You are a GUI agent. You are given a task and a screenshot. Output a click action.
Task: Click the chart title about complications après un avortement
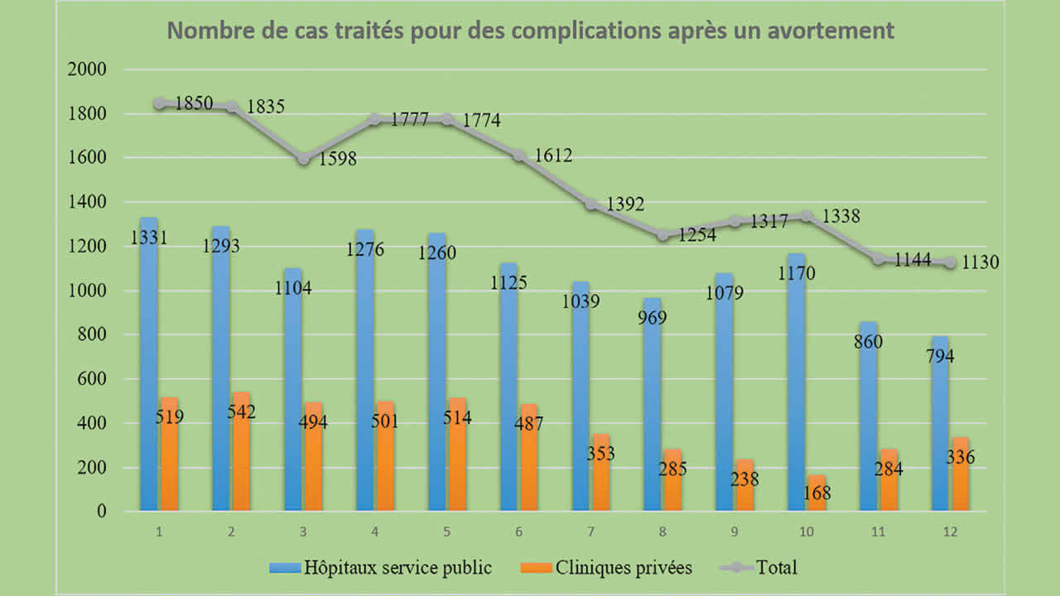pyautogui.click(x=531, y=31)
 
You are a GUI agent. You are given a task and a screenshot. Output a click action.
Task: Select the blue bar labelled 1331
pyautogui.click(x=149, y=364)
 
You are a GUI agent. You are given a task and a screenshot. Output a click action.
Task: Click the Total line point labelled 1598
pyautogui.click(x=304, y=158)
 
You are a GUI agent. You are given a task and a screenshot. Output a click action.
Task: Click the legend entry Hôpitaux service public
pyautogui.click(x=397, y=568)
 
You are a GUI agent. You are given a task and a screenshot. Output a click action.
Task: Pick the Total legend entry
pyautogui.click(x=776, y=568)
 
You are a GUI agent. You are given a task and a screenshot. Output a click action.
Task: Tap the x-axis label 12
pyautogui.click(x=950, y=532)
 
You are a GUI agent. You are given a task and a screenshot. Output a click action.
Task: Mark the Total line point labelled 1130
pyautogui.click(x=951, y=262)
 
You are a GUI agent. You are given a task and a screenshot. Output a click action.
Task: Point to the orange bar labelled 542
pyautogui.click(x=242, y=451)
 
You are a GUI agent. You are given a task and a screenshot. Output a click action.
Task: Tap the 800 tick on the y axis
pyautogui.click(x=92, y=335)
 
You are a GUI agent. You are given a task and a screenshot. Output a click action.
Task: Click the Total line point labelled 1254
pyautogui.click(x=663, y=236)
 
